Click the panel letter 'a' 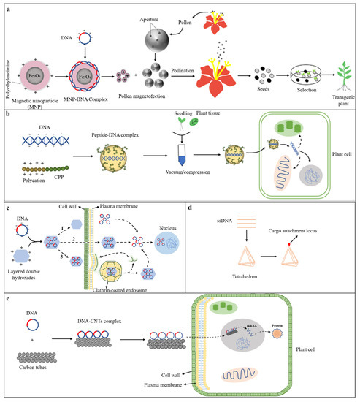coord(7,7)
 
